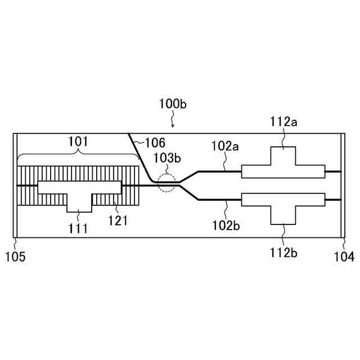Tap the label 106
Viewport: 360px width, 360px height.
154,143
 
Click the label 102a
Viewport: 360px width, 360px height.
225,146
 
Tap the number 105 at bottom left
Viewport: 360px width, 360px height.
15,256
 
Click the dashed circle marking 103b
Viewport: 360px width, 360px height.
167,183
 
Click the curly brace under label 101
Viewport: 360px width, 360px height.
78,156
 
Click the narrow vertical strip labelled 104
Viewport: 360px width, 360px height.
344,185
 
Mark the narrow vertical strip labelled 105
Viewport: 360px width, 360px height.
15,185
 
